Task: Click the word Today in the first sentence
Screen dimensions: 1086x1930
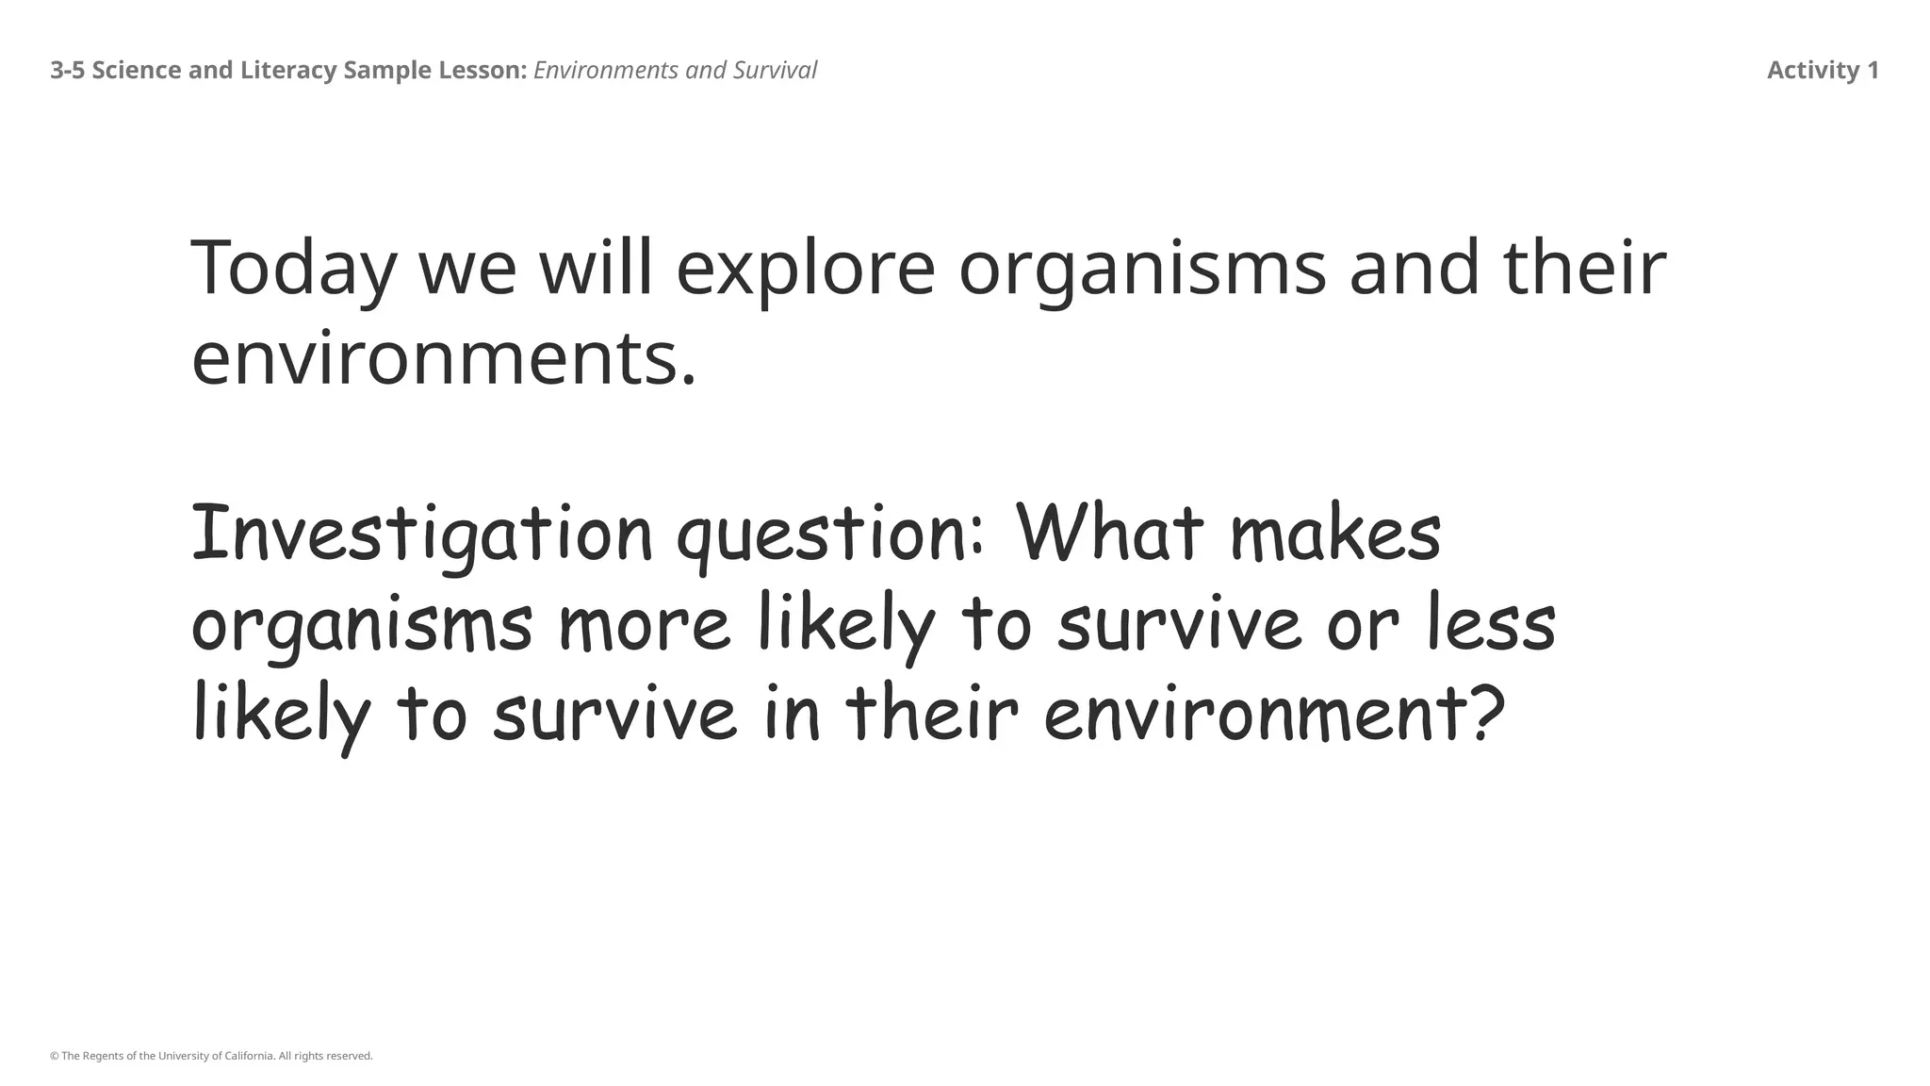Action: point(293,269)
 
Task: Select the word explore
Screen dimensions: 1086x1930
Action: point(806,269)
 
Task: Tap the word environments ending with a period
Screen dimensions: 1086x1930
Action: point(444,360)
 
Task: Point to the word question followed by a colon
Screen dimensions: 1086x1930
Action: point(830,535)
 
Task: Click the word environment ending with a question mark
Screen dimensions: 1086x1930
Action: point(1273,714)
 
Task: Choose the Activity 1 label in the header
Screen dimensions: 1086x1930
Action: point(1822,71)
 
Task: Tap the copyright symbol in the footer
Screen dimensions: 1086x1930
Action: point(54,1056)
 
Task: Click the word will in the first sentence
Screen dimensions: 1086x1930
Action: point(596,269)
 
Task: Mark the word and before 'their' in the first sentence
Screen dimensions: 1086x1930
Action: point(1414,269)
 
